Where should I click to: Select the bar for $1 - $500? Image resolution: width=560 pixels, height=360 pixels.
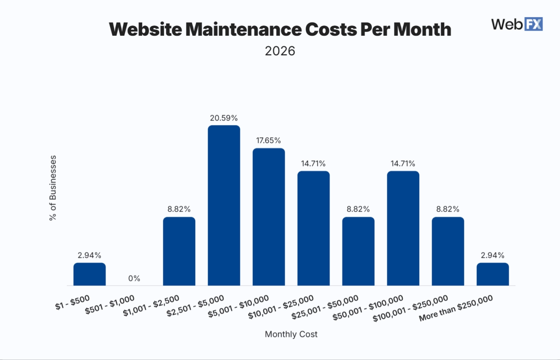coord(90,274)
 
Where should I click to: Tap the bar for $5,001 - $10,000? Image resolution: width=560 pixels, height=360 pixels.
coord(269,217)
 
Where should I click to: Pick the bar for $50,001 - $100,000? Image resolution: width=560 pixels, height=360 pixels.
coord(403,228)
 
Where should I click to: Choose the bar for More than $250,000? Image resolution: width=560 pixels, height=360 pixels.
coord(493,274)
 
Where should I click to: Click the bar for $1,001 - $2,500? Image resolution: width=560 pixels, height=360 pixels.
coord(179,251)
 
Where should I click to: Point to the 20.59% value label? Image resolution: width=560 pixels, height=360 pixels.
coord(224,118)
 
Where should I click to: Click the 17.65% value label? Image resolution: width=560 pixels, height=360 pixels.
coord(269,141)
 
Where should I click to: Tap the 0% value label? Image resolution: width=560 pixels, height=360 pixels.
coord(134,279)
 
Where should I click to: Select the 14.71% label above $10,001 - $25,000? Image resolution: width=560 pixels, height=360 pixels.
coord(314,163)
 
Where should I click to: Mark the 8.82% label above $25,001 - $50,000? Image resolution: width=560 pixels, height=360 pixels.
coord(358,209)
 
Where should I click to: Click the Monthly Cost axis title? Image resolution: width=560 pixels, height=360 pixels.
coord(291,334)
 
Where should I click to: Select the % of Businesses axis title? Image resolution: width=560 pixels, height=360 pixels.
coord(53,188)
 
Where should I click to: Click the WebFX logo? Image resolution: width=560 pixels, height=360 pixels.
coord(517,24)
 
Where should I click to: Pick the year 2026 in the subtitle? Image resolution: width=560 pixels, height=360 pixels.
coord(280,51)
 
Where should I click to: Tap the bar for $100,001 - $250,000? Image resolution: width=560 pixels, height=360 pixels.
coord(448,251)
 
